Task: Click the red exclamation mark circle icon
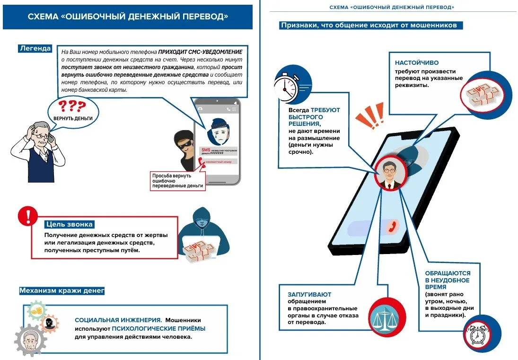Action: [27, 216]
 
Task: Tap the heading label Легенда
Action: [35, 48]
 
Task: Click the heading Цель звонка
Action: [69, 224]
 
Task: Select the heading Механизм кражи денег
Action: [61, 290]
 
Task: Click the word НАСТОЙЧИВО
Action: [417, 62]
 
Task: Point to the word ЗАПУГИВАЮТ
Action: [309, 294]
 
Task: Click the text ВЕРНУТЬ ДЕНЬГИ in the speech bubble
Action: [73, 118]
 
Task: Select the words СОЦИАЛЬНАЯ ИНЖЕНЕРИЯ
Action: [118, 320]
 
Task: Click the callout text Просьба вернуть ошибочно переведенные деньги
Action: [177, 181]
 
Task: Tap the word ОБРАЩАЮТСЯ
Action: [447, 273]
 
